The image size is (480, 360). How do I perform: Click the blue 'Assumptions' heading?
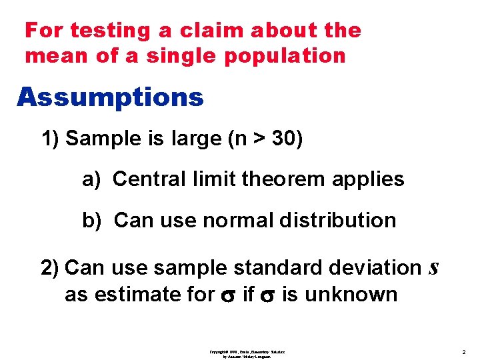(110, 97)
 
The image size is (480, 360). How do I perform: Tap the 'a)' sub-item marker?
(92, 179)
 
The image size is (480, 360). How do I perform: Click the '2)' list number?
(51, 268)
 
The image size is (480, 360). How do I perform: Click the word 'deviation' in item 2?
(375, 268)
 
